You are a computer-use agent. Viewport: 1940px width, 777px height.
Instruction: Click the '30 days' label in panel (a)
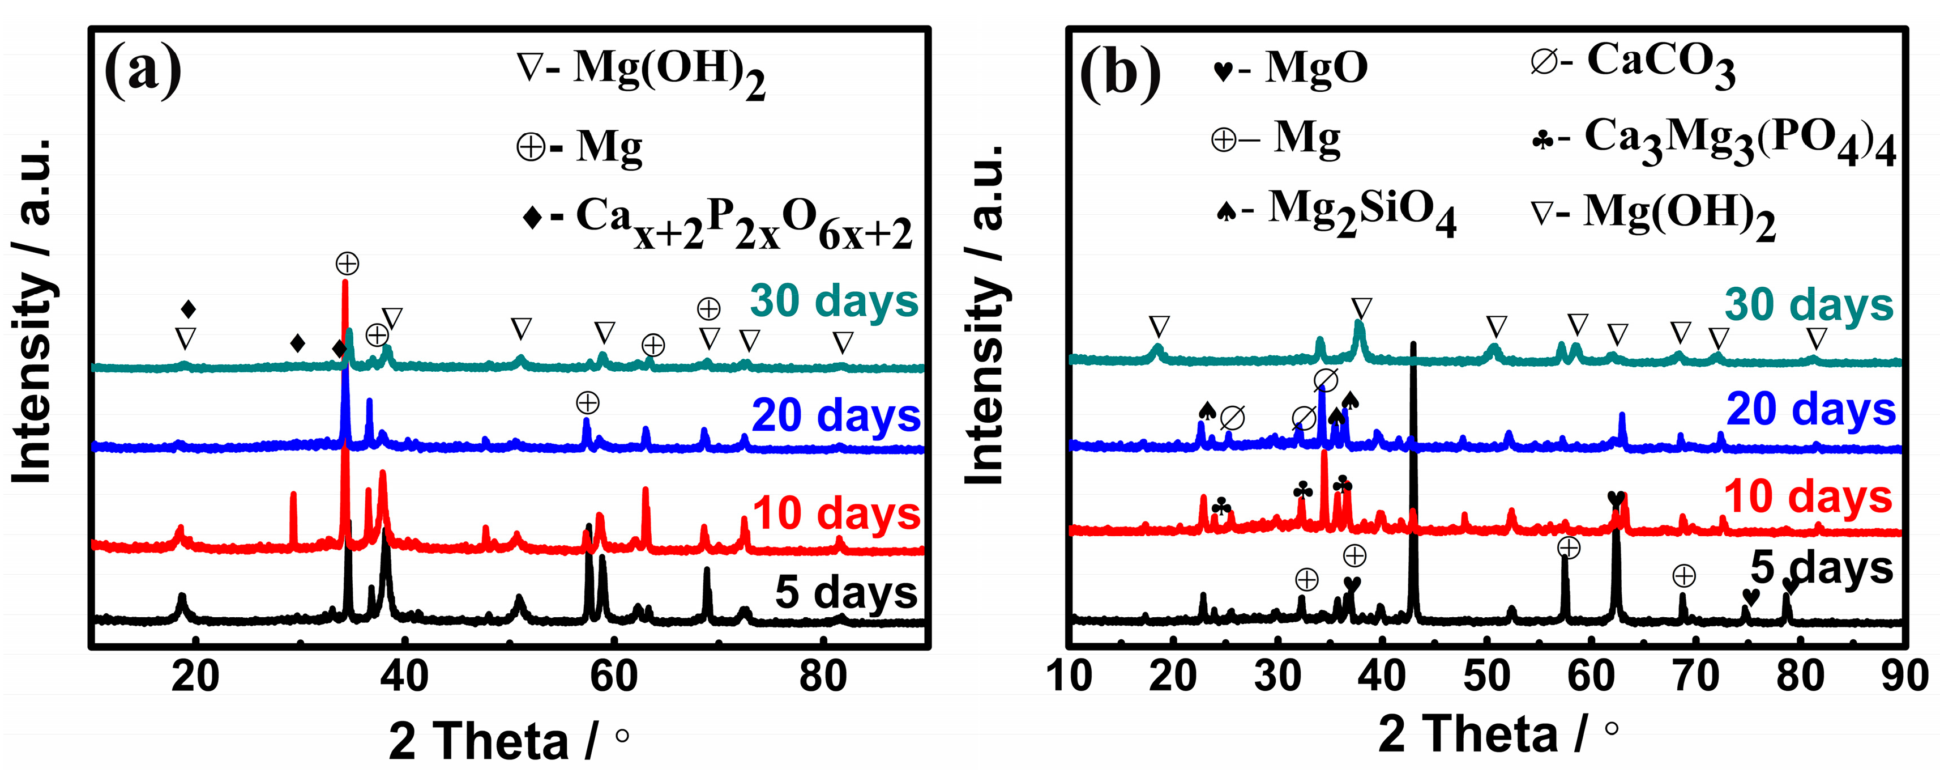tap(834, 301)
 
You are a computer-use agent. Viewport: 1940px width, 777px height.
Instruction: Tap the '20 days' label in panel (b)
tap(1810, 409)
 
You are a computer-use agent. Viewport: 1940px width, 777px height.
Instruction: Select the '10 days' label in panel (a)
tap(836, 513)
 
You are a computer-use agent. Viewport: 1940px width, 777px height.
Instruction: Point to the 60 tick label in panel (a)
tap(614, 676)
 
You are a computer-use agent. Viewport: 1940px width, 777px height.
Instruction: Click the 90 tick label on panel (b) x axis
tap(1904, 676)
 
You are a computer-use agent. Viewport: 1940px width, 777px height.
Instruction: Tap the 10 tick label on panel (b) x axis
tap(1069, 676)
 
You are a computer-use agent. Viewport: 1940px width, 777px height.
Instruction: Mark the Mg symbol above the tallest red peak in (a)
tap(347, 264)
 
